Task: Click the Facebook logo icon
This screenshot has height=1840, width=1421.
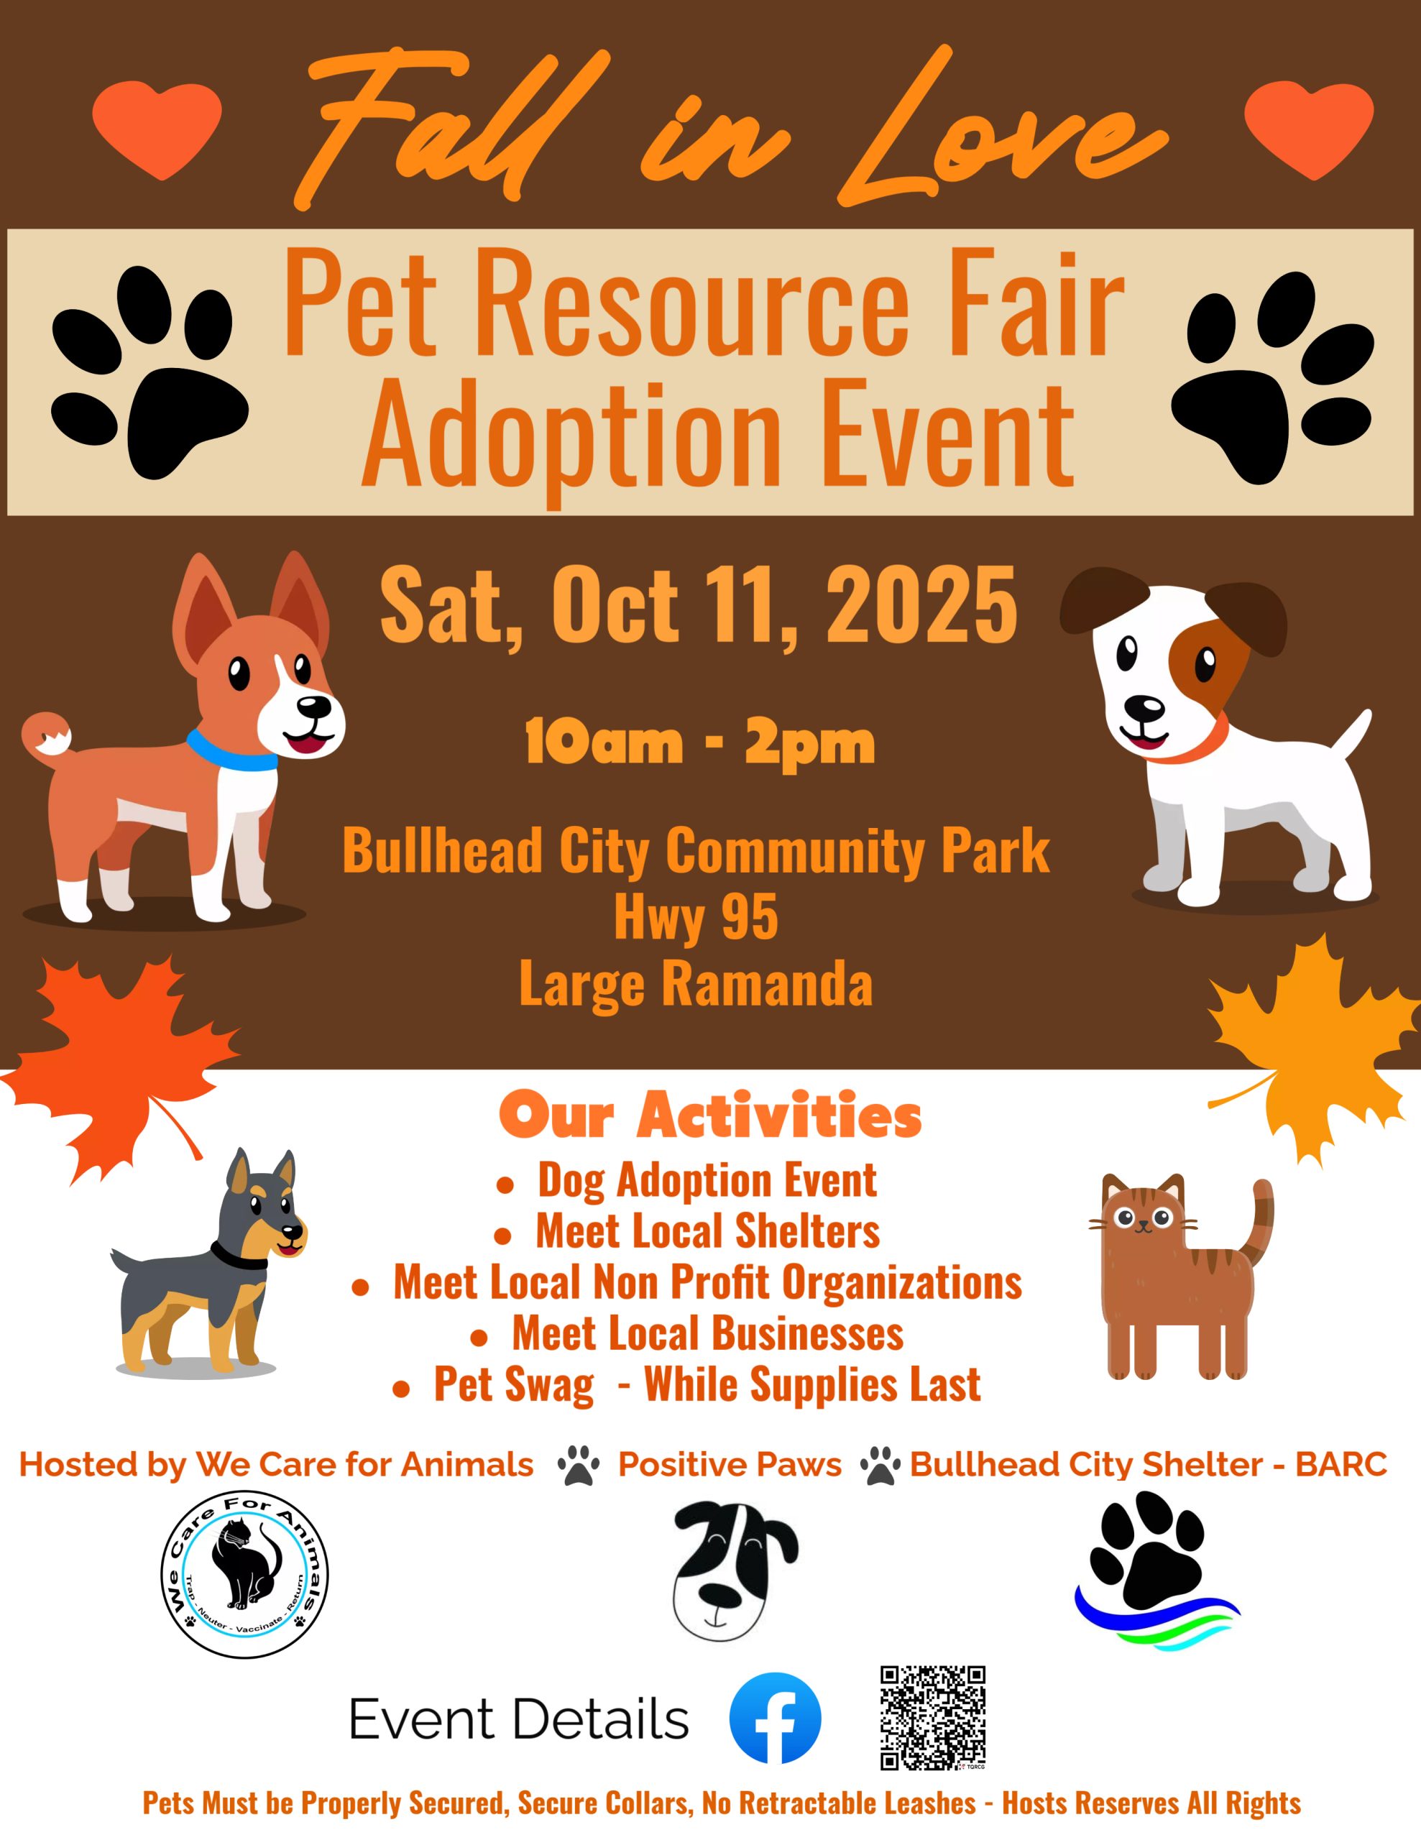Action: point(774,1719)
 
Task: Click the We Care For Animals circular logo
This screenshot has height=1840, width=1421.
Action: point(244,1575)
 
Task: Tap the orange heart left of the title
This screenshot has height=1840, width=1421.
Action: point(157,129)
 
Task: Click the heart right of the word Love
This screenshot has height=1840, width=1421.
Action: point(1309,129)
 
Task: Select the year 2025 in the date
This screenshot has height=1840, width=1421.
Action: point(921,605)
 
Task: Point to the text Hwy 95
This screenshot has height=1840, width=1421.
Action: point(696,917)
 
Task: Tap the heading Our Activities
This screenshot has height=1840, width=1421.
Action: point(710,1115)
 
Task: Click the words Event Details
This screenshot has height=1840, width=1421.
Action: point(519,1719)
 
